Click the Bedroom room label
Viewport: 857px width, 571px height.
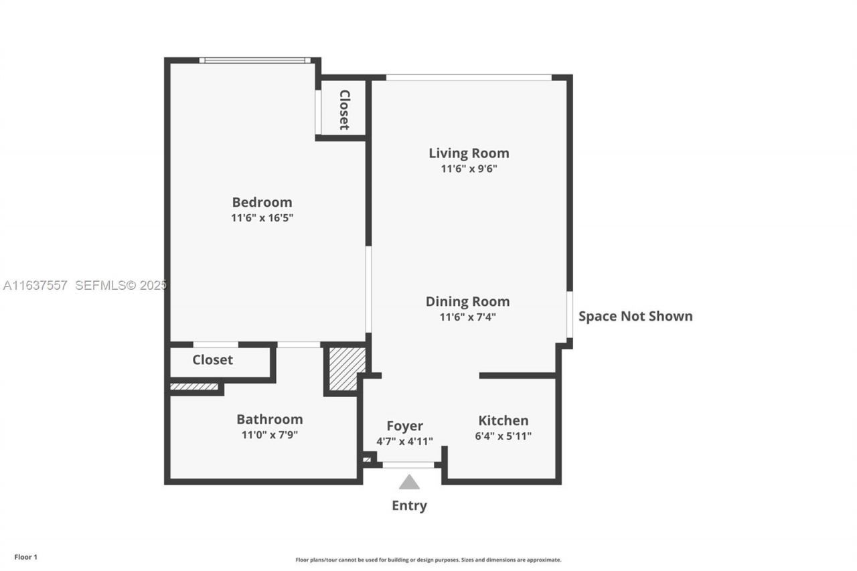(262, 202)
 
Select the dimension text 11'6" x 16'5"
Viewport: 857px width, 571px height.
(262, 218)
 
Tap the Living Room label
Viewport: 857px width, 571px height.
(469, 153)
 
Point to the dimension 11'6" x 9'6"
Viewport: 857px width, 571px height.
(469, 169)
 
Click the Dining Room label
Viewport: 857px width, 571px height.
(467, 302)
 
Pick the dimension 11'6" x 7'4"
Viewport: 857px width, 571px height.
(467, 317)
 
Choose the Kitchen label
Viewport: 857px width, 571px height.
(503, 420)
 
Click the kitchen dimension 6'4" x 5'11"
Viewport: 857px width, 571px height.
(505, 436)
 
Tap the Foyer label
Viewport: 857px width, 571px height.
(404, 426)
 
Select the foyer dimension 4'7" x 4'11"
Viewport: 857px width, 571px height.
(404, 442)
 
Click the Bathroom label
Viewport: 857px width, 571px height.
(269, 419)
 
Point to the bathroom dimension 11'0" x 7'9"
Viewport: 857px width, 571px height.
(269, 435)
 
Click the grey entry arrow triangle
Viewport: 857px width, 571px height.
(409, 483)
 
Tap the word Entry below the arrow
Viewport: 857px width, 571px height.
(409, 506)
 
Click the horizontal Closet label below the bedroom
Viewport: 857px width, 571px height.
(212, 360)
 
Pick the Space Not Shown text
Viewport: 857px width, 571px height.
(635, 317)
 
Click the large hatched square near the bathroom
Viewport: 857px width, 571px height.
(347, 368)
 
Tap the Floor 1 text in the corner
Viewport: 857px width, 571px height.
(26, 557)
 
